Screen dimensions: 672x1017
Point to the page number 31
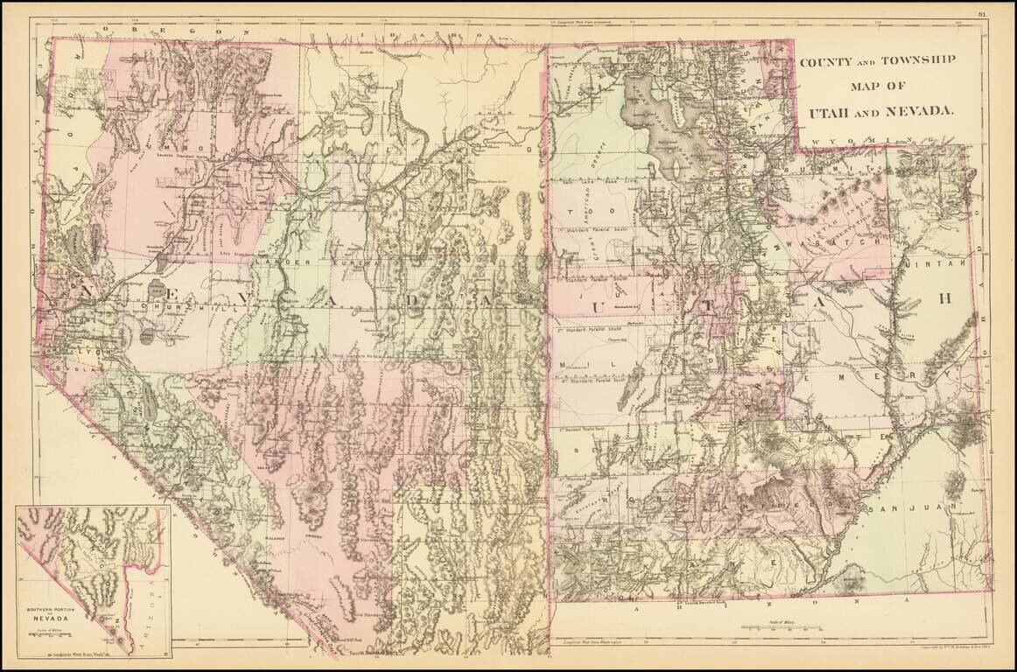point(982,12)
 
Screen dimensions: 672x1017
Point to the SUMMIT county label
point(827,168)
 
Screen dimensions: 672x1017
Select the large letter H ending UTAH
point(943,298)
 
